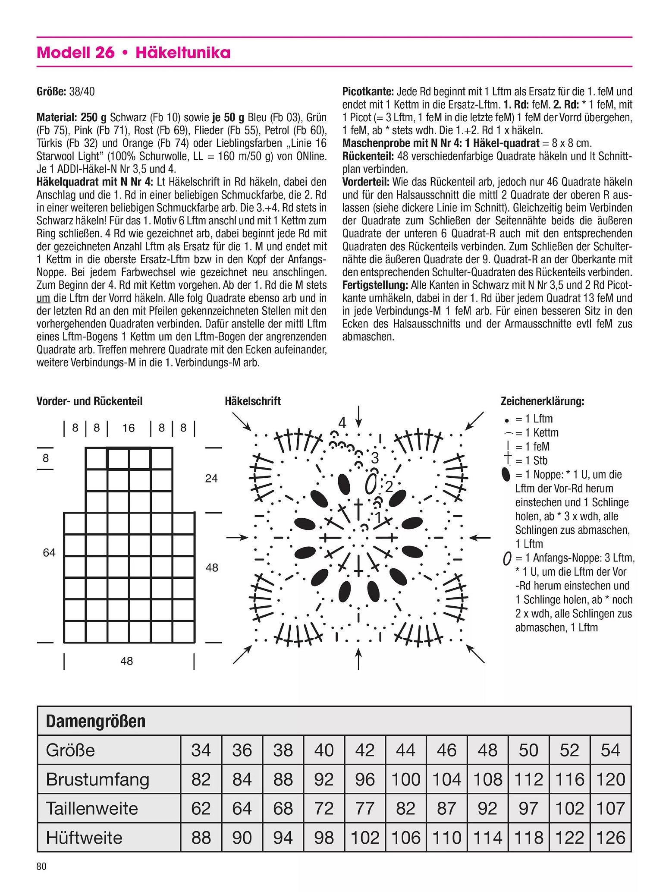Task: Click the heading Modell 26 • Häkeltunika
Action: click(134, 53)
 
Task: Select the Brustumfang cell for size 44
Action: click(406, 779)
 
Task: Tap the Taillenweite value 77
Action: click(365, 808)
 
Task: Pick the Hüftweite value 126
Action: click(610, 838)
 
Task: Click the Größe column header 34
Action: click(201, 750)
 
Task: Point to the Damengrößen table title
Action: click(96, 721)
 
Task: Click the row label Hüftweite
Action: click(84, 838)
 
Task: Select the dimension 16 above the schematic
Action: click(129, 428)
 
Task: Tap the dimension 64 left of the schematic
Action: click(49, 552)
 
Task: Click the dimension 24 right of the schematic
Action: click(211, 478)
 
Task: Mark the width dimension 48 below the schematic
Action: click(126, 661)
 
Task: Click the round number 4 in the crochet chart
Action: click(342, 422)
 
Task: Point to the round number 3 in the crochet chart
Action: click(375, 457)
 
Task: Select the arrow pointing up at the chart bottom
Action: click(358, 658)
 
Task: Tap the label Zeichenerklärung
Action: click(542, 401)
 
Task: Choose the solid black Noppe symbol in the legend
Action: click(506, 475)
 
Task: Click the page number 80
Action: click(41, 866)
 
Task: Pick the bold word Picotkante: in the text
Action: click(368, 91)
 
